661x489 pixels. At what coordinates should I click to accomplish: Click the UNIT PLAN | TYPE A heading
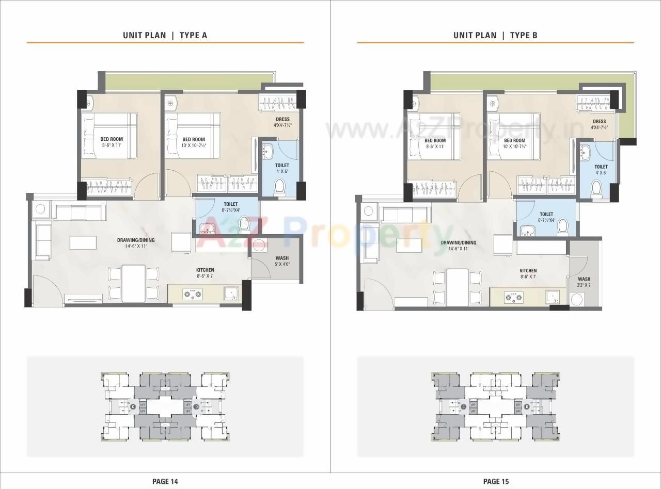click(165, 35)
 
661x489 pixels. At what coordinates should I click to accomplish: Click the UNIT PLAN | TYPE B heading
click(495, 35)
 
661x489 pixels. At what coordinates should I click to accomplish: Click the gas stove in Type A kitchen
click(193, 294)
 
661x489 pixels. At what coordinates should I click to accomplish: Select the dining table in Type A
click(133, 283)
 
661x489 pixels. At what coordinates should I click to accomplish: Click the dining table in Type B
click(457, 287)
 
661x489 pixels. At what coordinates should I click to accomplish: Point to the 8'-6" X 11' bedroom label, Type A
click(112, 142)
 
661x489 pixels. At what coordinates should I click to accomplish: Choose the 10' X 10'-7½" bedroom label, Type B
click(514, 143)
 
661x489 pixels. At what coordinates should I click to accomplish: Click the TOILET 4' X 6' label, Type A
click(282, 168)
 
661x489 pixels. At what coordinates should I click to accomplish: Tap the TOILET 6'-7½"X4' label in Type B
click(546, 217)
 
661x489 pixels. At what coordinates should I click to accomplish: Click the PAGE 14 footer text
click(165, 481)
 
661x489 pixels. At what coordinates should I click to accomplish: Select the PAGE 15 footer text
click(496, 481)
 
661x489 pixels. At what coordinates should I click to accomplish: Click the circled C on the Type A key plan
click(133, 407)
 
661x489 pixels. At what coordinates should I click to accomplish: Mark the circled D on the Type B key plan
click(527, 407)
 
